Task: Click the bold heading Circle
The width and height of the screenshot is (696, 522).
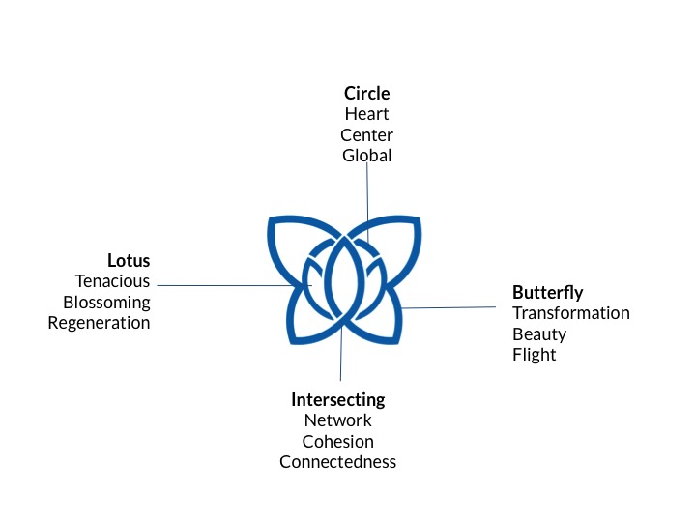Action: (x=367, y=94)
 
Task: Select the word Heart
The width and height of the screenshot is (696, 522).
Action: (x=367, y=114)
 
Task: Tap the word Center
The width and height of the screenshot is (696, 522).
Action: (x=367, y=134)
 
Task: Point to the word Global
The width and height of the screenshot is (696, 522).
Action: (x=367, y=155)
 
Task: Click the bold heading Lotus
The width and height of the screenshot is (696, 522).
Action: (x=129, y=261)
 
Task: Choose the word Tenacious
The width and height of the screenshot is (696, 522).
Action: (x=113, y=281)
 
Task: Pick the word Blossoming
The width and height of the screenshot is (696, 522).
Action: (x=106, y=302)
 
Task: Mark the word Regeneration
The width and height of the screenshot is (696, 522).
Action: (x=100, y=323)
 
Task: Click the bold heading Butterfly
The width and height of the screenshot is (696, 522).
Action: (x=548, y=292)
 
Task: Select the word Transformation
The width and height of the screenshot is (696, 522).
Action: (x=571, y=313)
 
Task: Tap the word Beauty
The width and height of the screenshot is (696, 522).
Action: (x=539, y=333)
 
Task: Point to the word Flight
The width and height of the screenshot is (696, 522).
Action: (x=535, y=355)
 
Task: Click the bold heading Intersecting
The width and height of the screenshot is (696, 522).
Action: (x=338, y=399)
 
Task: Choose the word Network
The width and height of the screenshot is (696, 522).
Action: (x=338, y=420)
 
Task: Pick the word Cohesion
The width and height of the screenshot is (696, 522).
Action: (x=338, y=441)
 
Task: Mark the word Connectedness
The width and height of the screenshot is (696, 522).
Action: (x=338, y=462)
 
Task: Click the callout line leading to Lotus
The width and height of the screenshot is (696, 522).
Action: (x=222, y=285)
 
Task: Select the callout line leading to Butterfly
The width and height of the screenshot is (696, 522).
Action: (x=454, y=307)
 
